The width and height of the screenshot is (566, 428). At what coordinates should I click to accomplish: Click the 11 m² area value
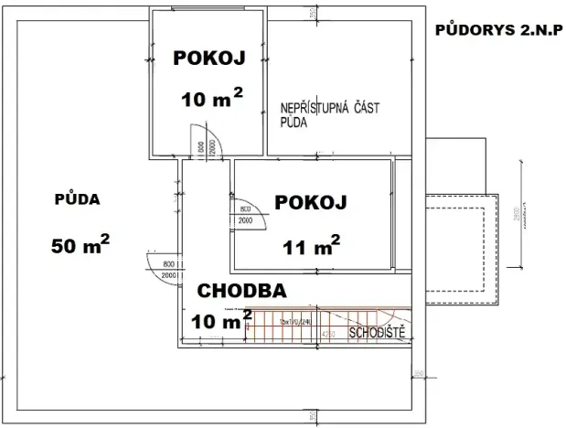(311, 244)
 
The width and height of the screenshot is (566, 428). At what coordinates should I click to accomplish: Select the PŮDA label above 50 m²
(77, 198)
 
